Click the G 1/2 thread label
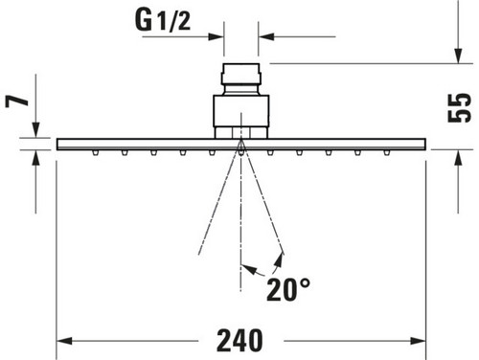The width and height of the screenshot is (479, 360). (163, 20)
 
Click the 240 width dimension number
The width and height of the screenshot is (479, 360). (239, 341)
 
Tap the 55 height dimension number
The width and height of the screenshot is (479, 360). (460, 108)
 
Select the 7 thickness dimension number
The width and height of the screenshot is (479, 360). (17, 101)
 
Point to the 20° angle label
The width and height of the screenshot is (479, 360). (288, 290)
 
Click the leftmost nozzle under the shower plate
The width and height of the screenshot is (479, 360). (95, 153)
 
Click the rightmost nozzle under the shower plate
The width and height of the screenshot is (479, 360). (386, 153)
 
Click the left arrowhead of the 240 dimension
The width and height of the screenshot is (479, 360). (64, 341)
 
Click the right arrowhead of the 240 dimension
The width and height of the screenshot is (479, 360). (418, 341)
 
